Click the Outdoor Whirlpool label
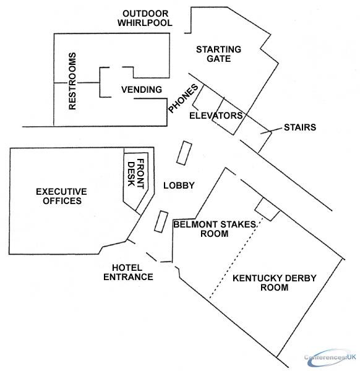[145, 18]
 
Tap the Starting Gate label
[219, 54]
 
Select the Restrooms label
[72, 81]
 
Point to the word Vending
[142, 90]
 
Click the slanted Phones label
[183, 98]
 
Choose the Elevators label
[216, 116]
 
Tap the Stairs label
[300, 127]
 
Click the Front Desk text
[136, 174]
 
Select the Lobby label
[179, 185]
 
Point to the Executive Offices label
[61, 196]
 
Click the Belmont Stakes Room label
[215, 229]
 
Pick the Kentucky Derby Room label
[275, 283]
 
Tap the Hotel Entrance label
[128, 272]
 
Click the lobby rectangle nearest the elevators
[184, 153]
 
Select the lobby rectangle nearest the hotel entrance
[161, 221]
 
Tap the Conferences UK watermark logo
[330, 357]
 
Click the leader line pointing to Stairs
[272, 131]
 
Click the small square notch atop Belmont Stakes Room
[267, 209]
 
